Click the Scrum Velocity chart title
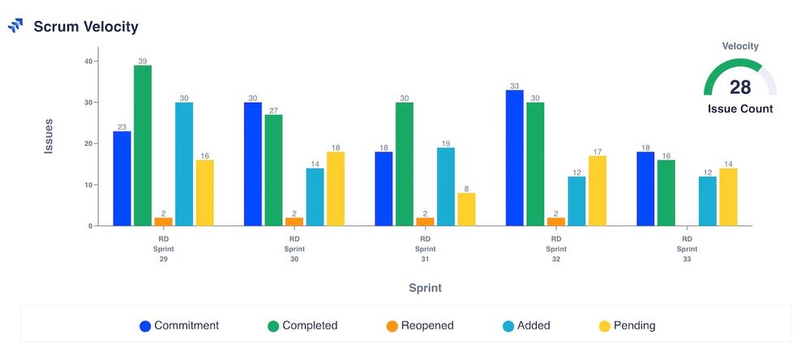tap(86, 27)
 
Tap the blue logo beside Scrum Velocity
tap(15, 26)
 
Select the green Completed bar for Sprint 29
tap(143, 145)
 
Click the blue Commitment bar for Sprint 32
tap(514, 157)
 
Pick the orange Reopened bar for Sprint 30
tap(294, 221)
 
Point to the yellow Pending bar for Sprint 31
tap(466, 209)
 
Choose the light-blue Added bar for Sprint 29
tap(184, 164)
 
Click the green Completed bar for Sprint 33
tap(666, 192)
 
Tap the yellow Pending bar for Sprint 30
tap(336, 188)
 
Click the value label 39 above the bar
tap(143, 61)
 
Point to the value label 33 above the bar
tap(514, 85)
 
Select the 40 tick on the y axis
tap(89, 61)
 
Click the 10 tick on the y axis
tap(89, 185)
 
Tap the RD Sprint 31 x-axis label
tap(425, 249)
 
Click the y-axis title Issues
tap(49, 137)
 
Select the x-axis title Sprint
tap(425, 288)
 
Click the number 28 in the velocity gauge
tap(739, 88)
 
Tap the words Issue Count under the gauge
tap(739, 109)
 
